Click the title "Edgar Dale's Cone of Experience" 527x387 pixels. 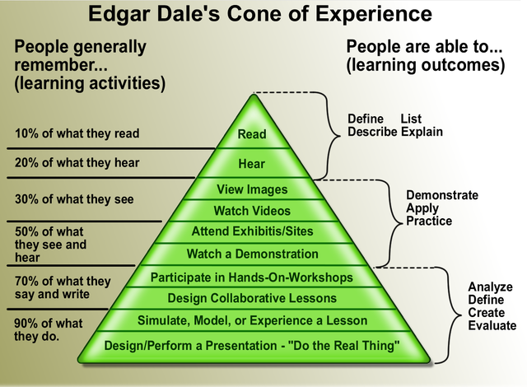tap(263, 15)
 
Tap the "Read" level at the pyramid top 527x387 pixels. tap(252, 134)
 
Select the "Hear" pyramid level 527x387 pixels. tap(252, 164)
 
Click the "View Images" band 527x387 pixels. tap(252, 190)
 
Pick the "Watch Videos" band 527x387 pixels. tap(252, 211)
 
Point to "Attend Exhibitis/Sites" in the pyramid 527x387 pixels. tap(252, 231)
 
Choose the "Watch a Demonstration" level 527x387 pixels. tap(252, 254)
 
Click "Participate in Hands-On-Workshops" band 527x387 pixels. tap(252, 277)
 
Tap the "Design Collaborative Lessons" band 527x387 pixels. tap(252, 298)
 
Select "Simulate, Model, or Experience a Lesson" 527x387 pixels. tap(252, 320)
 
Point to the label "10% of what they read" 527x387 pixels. tap(77, 133)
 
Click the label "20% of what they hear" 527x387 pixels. tap(77, 162)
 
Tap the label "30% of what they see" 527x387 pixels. tap(74, 198)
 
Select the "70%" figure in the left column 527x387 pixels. tap(29, 282)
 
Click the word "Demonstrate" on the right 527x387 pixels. tap(442, 196)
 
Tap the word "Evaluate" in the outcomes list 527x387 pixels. tap(492, 326)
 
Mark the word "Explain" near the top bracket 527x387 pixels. tap(422, 132)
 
